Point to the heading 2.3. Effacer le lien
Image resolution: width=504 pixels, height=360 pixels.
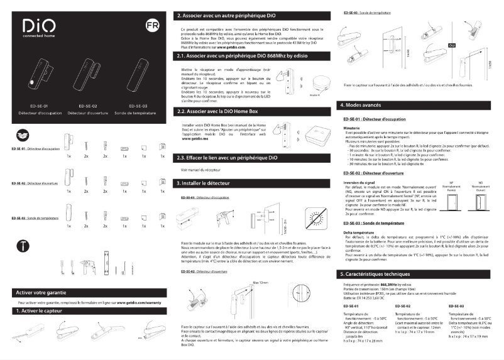coord(227,157)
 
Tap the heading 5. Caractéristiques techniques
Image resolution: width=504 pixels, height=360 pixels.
coord(385,275)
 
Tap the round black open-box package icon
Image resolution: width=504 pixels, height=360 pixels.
coord(21,135)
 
